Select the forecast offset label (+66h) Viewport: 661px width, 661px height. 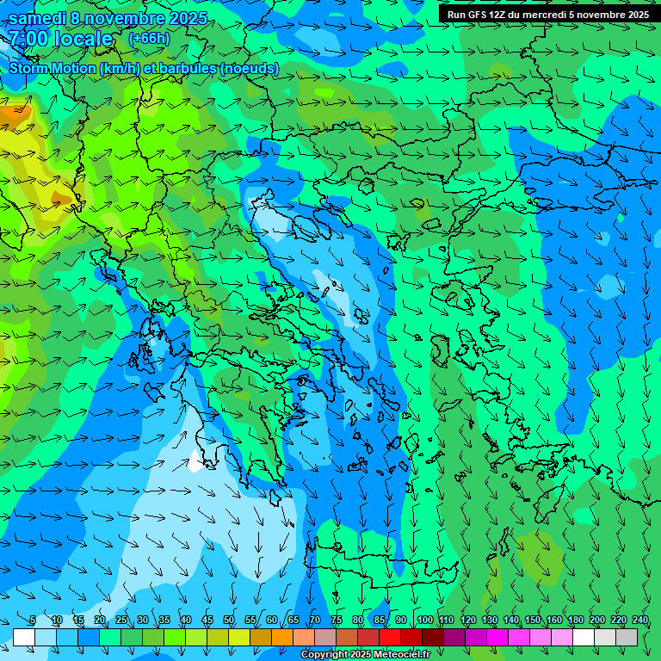(149, 39)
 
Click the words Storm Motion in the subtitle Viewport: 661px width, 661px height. (53, 69)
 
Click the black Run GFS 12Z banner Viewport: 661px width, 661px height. (547, 15)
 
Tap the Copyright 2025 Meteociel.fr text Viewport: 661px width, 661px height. (365, 655)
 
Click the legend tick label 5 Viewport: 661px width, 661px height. (33, 621)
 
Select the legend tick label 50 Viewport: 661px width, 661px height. (229, 621)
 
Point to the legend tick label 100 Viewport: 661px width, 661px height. (424, 621)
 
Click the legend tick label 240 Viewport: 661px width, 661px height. (640, 621)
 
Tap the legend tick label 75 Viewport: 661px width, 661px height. (337, 621)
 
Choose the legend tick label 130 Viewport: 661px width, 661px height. (489, 621)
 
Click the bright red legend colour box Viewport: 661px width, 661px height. (390, 637)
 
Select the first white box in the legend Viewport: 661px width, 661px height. (23, 637)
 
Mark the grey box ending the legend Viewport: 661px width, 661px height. (627, 637)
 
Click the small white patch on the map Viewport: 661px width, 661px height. (195, 463)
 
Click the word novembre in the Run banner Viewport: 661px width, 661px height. (597, 15)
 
